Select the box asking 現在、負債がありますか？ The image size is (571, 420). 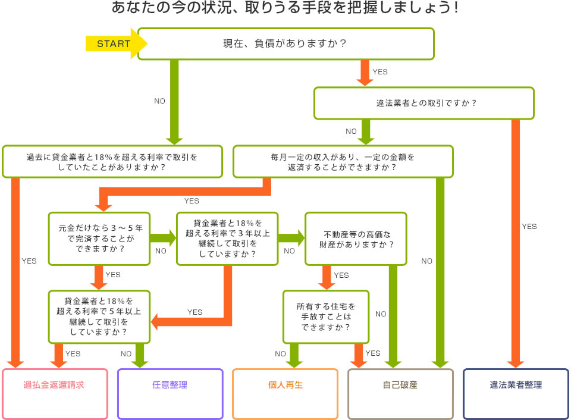285,43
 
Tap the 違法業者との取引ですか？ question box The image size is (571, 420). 423,103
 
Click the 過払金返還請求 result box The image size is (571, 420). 55,385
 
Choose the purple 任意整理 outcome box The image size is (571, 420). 170,385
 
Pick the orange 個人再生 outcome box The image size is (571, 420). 285,385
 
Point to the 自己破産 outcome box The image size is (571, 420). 400,385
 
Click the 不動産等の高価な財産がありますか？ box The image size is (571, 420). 356,239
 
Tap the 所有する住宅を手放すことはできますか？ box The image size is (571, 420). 325,316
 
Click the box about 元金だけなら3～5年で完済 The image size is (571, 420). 99,239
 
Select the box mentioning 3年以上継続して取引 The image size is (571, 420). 227,239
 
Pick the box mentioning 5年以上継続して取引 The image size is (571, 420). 99,316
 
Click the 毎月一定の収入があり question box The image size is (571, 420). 343,162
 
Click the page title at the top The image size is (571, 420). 285,10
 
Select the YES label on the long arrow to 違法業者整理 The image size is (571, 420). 529,227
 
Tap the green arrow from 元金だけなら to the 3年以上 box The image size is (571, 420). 164,239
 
